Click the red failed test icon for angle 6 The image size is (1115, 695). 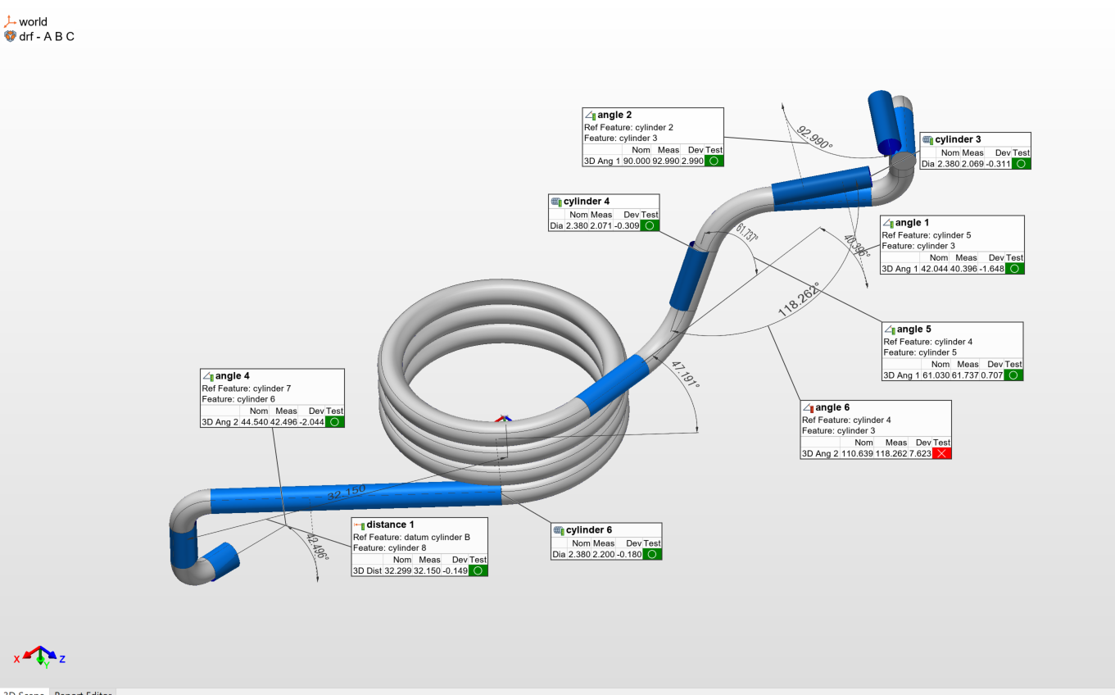point(941,453)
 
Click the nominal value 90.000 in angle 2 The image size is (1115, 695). point(637,161)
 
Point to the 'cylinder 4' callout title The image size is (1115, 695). point(587,202)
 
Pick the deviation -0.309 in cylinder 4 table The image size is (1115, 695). point(627,225)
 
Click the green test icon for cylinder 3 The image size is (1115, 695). point(1021,164)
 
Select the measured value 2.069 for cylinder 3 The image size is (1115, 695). point(973,164)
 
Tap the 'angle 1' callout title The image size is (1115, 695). point(912,223)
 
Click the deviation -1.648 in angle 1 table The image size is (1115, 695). point(989,269)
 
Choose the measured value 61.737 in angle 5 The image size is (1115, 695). point(968,375)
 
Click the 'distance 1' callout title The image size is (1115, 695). point(390,525)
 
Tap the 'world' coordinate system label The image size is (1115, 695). point(33,22)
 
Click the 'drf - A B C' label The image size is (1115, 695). point(47,37)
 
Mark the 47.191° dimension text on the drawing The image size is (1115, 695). point(685,375)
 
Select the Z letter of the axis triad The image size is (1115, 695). point(62,658)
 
